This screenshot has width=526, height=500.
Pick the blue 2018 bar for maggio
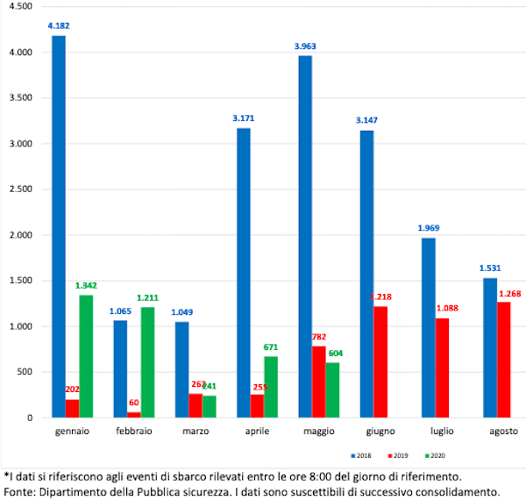tap(305, 237)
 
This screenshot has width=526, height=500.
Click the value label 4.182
tap(59, 26)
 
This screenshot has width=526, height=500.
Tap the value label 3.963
tap(306, 46)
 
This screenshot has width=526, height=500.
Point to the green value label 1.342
tap(87, 285)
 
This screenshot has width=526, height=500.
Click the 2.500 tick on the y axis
tap(20, 189)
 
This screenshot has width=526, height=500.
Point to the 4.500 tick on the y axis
tap(20, 7)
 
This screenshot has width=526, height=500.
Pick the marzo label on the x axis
tap(195, 432)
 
